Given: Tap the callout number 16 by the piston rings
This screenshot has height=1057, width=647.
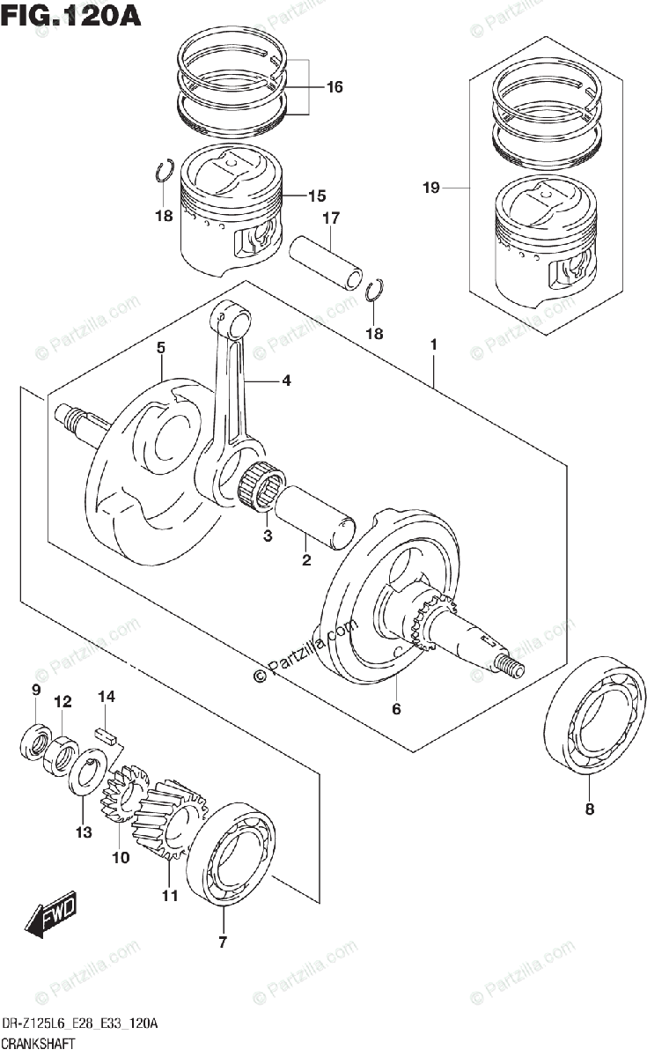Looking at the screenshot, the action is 335,87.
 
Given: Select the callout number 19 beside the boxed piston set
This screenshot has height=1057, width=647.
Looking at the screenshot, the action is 431,188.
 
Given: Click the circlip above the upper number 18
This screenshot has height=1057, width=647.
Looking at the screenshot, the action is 165,170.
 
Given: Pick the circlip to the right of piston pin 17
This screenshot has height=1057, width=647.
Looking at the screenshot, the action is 375,290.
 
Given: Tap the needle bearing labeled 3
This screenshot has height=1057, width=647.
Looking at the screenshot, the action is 263,485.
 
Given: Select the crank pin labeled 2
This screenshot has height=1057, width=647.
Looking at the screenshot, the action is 315,517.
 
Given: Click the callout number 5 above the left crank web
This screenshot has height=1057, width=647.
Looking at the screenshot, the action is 161,348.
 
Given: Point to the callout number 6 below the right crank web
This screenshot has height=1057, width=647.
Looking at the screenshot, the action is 396,709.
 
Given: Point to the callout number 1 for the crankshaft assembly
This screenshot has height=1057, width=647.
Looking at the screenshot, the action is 433,345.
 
